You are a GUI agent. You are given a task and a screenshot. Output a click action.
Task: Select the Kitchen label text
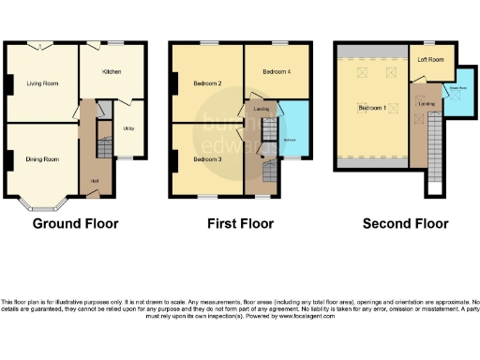(112, 71)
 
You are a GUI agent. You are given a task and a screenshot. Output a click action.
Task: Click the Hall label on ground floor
(94, 180)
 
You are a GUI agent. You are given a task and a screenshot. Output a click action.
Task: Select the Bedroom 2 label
(207, 83)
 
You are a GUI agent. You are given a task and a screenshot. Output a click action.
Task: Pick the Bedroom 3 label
(207, 159)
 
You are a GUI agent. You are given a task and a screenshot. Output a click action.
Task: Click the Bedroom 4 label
(276, 71)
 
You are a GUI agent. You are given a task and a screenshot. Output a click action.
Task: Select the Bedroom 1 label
(371, 108)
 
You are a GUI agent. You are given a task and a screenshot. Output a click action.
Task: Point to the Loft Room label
(430, 62)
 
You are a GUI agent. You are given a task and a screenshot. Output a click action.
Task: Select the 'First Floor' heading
(240, 224)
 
